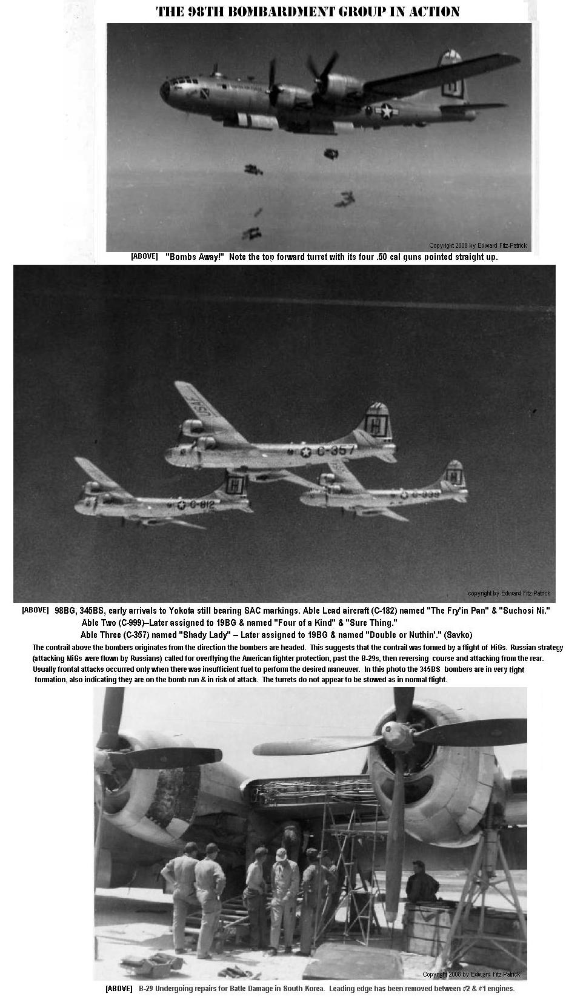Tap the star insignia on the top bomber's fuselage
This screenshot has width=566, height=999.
(x=385, y=110)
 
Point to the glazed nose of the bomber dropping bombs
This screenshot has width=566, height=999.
(x=166, y=90)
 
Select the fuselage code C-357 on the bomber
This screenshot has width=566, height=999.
(x=335, y=450)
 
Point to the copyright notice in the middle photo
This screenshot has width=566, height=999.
(x=508, y=593)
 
